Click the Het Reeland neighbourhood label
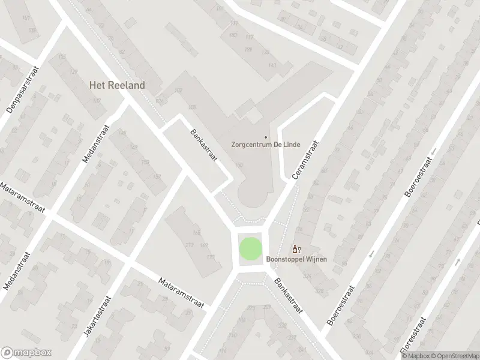(117, 86)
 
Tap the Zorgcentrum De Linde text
(266, 145)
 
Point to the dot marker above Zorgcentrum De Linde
(266, 136)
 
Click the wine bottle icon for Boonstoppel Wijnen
(295, 249)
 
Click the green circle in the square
(251, 249)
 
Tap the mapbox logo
(26, 352)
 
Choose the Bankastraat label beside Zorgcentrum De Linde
(202, 146)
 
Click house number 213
(189, 244)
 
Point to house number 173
(211, 257)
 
